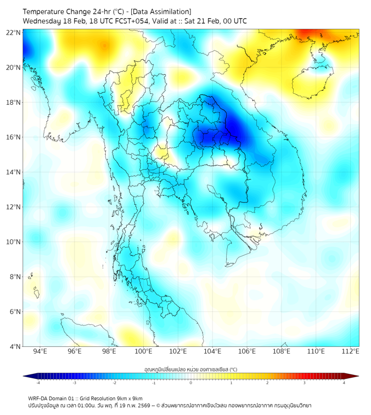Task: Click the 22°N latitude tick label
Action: (x=14, y=32)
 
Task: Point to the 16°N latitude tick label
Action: (x=14, y=137)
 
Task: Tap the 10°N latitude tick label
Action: (x=14, y=242)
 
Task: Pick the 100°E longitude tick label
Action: (x=143, y=352)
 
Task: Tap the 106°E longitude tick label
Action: (x=247, y=352)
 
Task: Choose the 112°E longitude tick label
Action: (x=350, y=352)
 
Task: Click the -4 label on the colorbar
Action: (x=38, y=383)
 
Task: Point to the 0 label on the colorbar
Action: (x=191, y=383)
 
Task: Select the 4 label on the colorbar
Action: (x=344, y=383)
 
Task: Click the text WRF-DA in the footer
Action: (x=38, y=398)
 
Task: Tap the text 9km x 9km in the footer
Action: (x=128, y=398)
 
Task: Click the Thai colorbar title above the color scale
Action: (x=191, y=369)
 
